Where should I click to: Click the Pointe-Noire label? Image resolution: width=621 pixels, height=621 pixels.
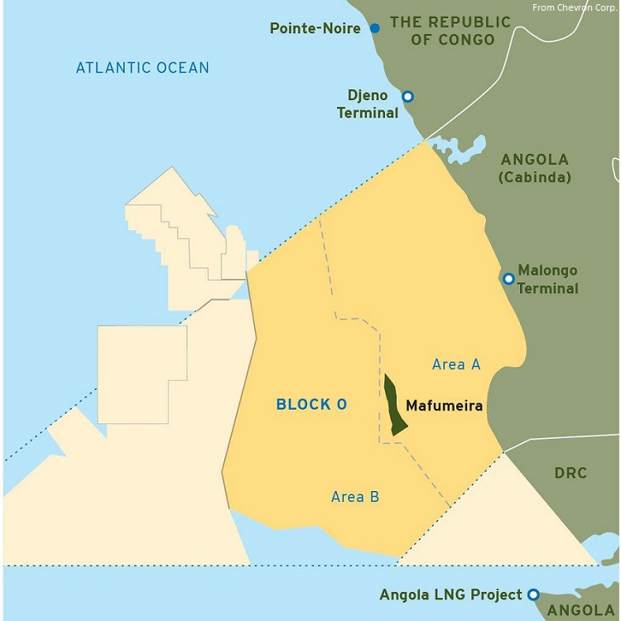[x=315, y=28]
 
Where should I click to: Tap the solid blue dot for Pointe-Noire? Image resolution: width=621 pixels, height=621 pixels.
[x=374, y=28]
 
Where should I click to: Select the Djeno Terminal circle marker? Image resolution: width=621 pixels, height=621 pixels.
[x=407, y=96]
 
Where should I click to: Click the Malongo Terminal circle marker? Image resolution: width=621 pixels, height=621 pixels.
[x=508, y=279]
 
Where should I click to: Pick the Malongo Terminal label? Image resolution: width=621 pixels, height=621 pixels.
[x=547, y=279]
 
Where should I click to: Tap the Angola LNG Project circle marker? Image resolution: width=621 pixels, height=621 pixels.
[x=533, y=594]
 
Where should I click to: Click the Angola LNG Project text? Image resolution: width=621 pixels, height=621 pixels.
[x=450, y=595]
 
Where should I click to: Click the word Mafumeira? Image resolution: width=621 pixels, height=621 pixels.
[x=444, y=406]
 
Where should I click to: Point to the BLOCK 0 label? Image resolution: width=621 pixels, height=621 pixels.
[x=311, y=405]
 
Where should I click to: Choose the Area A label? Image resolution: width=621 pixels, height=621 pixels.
[x=457, y=363]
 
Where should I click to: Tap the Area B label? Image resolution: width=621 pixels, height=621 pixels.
[x=355, y=497]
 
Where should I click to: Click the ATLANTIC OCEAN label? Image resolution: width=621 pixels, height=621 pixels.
[x=142, y=67]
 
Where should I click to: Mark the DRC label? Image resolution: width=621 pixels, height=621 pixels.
[x=570, y=473]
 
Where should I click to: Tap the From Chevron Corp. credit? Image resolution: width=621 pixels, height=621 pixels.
[x=575, y=7]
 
